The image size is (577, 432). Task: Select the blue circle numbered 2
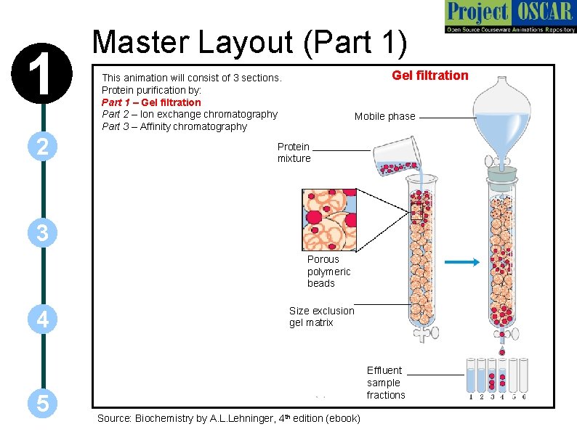pos(43,147)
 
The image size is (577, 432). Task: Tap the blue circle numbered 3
pos(43,233)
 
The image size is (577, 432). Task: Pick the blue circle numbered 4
pos(43,319)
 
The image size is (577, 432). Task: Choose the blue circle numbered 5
pos(43,404)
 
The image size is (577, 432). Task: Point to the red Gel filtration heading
pos(429,76)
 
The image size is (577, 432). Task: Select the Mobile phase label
pos(384,116)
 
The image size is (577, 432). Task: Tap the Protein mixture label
pos(294,152)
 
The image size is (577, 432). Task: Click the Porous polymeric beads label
pos(328,271)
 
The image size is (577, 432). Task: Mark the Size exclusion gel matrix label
pos(321,317)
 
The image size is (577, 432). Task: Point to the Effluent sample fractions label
pos(385,383)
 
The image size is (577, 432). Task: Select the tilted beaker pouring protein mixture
pos(395,157)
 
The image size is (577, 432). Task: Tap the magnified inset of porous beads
pos(329,219)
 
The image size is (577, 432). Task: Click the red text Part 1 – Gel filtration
pos(151,102)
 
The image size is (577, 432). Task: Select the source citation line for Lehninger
pos(228,418)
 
